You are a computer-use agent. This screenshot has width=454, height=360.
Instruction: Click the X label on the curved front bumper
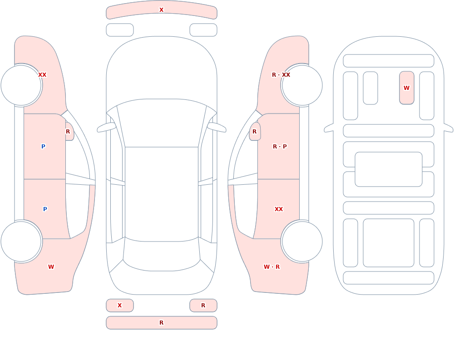(161, 10)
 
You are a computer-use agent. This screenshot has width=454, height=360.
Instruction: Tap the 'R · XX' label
(281, 75)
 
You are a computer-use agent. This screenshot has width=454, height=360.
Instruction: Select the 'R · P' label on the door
(280, 147)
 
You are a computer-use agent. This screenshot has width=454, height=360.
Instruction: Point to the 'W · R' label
(271, 267)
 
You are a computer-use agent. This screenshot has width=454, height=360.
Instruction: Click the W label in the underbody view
(406, 88)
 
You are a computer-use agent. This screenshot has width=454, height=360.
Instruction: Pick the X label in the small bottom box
(119, 305)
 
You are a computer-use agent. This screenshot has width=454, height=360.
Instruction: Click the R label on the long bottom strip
(161, 323)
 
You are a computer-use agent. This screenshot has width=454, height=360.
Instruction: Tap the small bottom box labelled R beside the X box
(203, 305)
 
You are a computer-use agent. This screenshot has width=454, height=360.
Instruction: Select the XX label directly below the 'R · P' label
(279, 209)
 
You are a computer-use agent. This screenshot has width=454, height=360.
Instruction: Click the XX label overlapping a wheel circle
(42, 75)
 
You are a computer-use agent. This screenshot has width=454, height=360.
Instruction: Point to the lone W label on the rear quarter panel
(51, 267)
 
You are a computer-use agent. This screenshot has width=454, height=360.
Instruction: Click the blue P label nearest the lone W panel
(45, 209)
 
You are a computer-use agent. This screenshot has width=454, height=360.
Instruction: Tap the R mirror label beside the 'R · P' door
(255, 132)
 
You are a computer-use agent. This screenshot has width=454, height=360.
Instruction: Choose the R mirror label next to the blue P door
(68, 132)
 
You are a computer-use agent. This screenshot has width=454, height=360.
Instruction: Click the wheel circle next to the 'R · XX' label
(302, 85)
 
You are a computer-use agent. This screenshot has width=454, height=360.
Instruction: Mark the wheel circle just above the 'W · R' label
(302, 241)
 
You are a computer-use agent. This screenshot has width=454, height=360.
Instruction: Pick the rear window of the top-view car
(162, 254)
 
